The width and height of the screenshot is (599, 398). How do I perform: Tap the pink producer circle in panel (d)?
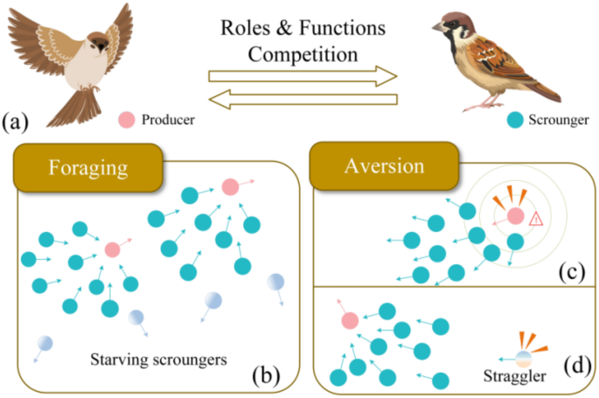350,322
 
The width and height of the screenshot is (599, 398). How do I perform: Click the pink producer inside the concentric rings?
515,215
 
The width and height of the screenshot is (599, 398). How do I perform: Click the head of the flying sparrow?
102,42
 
